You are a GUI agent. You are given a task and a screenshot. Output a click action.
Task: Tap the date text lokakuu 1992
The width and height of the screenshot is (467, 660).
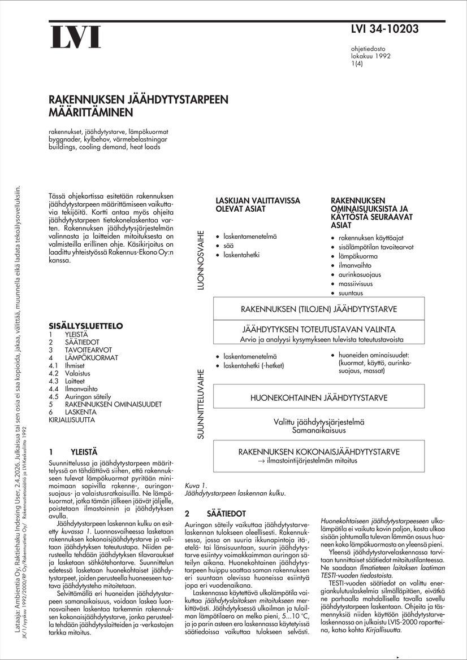pyautogui.click(x=370, y=56)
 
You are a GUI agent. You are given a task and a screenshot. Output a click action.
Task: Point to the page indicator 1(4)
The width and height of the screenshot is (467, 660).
pyautogui.click(x=357, y=64)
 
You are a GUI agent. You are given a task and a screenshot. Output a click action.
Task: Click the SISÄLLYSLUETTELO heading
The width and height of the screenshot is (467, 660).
pyautogui.click(x=86, y=326)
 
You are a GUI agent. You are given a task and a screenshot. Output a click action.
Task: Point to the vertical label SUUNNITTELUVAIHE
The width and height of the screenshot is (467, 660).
pyautogui.click(x=200, y=404)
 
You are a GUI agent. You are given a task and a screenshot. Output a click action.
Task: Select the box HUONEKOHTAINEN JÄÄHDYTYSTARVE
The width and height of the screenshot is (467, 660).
pyautogui.click(x=319, y=397)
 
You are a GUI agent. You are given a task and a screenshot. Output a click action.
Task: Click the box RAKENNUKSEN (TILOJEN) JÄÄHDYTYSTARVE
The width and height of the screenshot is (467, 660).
pyautogui.click(x=319, y=309)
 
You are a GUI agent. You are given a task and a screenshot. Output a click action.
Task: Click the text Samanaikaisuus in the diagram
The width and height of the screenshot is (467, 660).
pyautogui.click(x=319, y=430)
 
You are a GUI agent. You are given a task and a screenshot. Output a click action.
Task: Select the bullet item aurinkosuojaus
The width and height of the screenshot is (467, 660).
pyautogui.click(x=360, y=274)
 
